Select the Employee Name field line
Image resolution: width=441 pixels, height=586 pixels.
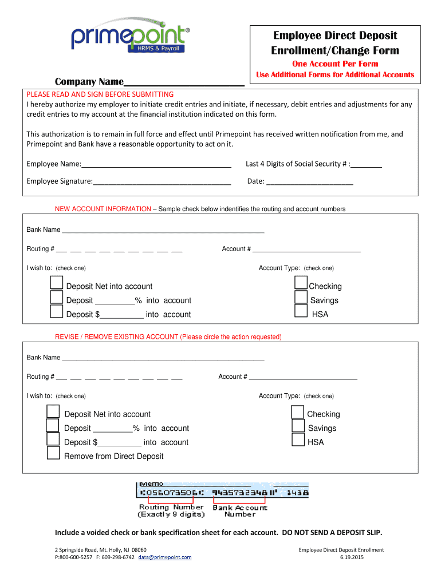pos(156,165)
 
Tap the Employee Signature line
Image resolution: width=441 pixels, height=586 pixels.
pos(162,182)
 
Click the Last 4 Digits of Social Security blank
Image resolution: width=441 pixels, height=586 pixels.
pos(367,165)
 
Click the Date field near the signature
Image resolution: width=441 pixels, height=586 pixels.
pos(310,182)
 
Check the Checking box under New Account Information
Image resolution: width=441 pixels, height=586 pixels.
pos(301,283)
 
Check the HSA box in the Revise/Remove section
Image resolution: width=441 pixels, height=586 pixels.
pos(298,439)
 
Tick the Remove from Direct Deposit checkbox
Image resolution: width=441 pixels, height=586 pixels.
pos(53,453)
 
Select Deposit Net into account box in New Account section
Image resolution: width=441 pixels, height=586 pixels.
pos(56,283)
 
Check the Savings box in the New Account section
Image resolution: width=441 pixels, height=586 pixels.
pos(301,297)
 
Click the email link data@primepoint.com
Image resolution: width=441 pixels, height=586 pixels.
pos(164,557)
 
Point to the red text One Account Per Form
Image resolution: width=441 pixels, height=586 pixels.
pos(335,64)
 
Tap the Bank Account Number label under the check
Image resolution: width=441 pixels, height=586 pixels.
pos(240,510)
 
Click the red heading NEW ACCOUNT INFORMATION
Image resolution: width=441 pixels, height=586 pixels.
pos(103,209)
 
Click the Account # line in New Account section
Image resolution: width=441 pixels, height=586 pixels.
pos(306,250)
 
